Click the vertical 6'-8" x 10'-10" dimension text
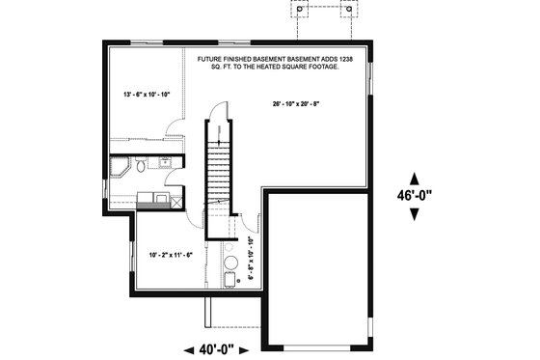[x=251, y=258]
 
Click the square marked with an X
[x=175, y=202]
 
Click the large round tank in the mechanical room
[x=231, y=262]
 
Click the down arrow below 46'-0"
[x=415, y=213]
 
